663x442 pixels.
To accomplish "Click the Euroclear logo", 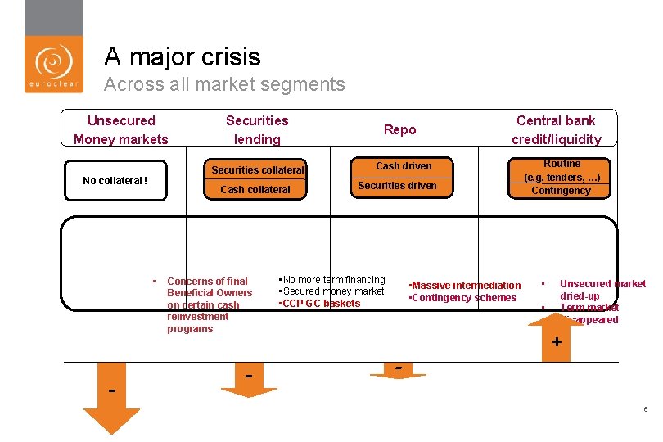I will point(53,64).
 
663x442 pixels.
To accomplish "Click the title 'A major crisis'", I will point(182,56).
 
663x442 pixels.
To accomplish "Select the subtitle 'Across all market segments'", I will point(224,84).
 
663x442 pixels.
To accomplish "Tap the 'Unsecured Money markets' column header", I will point(120,129).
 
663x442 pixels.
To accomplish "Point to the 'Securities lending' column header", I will point(257,129).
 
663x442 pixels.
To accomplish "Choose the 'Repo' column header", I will point(399,129).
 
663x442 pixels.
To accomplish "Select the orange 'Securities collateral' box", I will point(257,169).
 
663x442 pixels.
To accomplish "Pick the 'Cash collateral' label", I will point(255,189).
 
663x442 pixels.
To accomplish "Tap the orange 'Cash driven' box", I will point(404,165).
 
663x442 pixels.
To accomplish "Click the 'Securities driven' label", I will point(397,186).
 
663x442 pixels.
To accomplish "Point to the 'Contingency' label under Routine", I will point(561,191).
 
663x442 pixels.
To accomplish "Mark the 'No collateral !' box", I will point(115,181).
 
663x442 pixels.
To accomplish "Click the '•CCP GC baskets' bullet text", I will point(319,304).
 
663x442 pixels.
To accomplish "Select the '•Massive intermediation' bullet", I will point(464,285).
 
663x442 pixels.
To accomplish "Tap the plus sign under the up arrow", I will point(557,342).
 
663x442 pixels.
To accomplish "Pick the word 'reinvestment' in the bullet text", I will point(197,317).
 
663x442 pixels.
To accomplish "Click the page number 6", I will point(645,409).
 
